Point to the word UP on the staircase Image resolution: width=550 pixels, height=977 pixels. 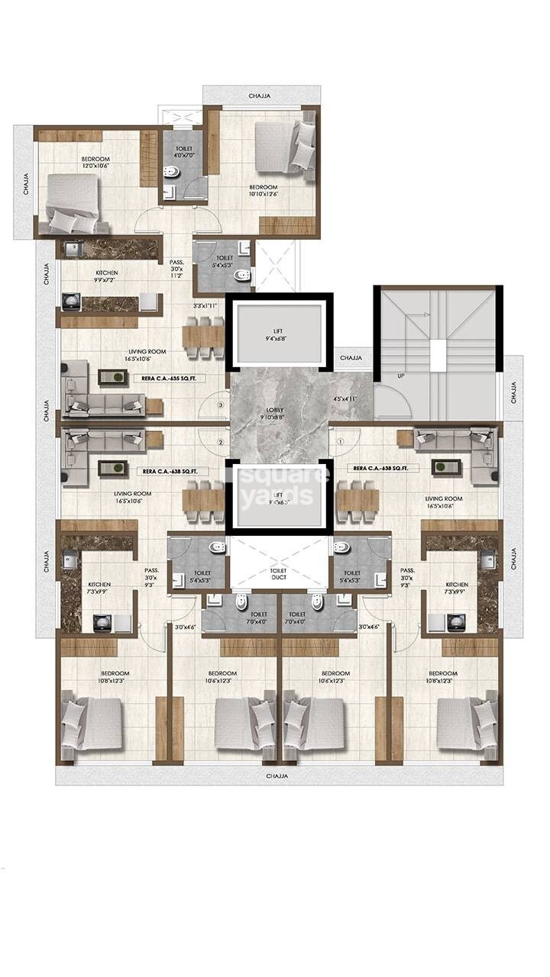pyautogui.click(x=400, y=376)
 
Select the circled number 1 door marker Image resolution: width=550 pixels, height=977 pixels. pyautogui.click(x=338, y=440)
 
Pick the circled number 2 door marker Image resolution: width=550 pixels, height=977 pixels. pyautogui.click(x=220, y=441)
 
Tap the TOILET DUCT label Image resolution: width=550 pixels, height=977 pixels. pyautogui.click(x=278, y=575)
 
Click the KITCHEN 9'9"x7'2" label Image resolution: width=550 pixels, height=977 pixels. pyautogui.click(x=106, y=277)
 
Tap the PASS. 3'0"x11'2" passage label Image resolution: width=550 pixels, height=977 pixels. pyautogui.click(x=175, y=269)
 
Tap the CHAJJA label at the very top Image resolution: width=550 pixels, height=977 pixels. pyautogui.click(x=262, y=96)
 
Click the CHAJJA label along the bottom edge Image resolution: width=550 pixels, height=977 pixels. pyautogui.click(x=278, y=775)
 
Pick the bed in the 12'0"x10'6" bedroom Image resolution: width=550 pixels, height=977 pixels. pyautogui.click(x=73, y=204)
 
